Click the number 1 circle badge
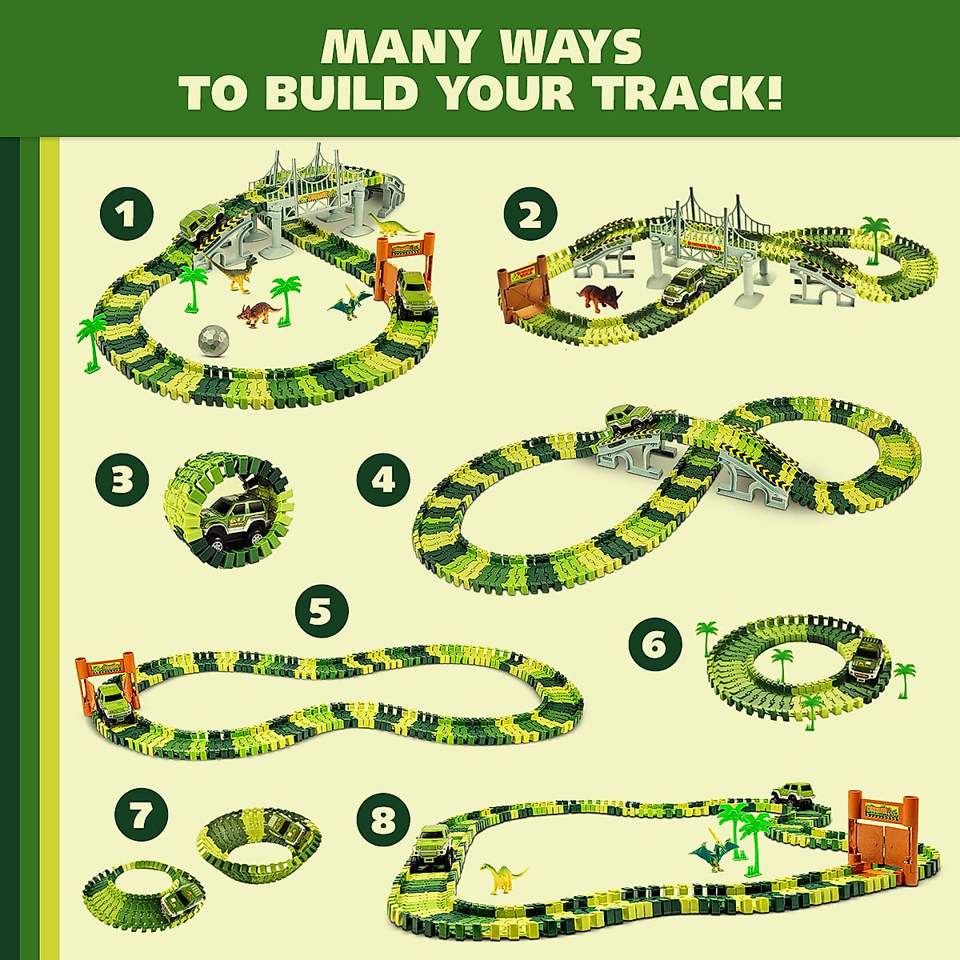click(126, 214)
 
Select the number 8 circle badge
click(383, 819)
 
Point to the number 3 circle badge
click(122, 482)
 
